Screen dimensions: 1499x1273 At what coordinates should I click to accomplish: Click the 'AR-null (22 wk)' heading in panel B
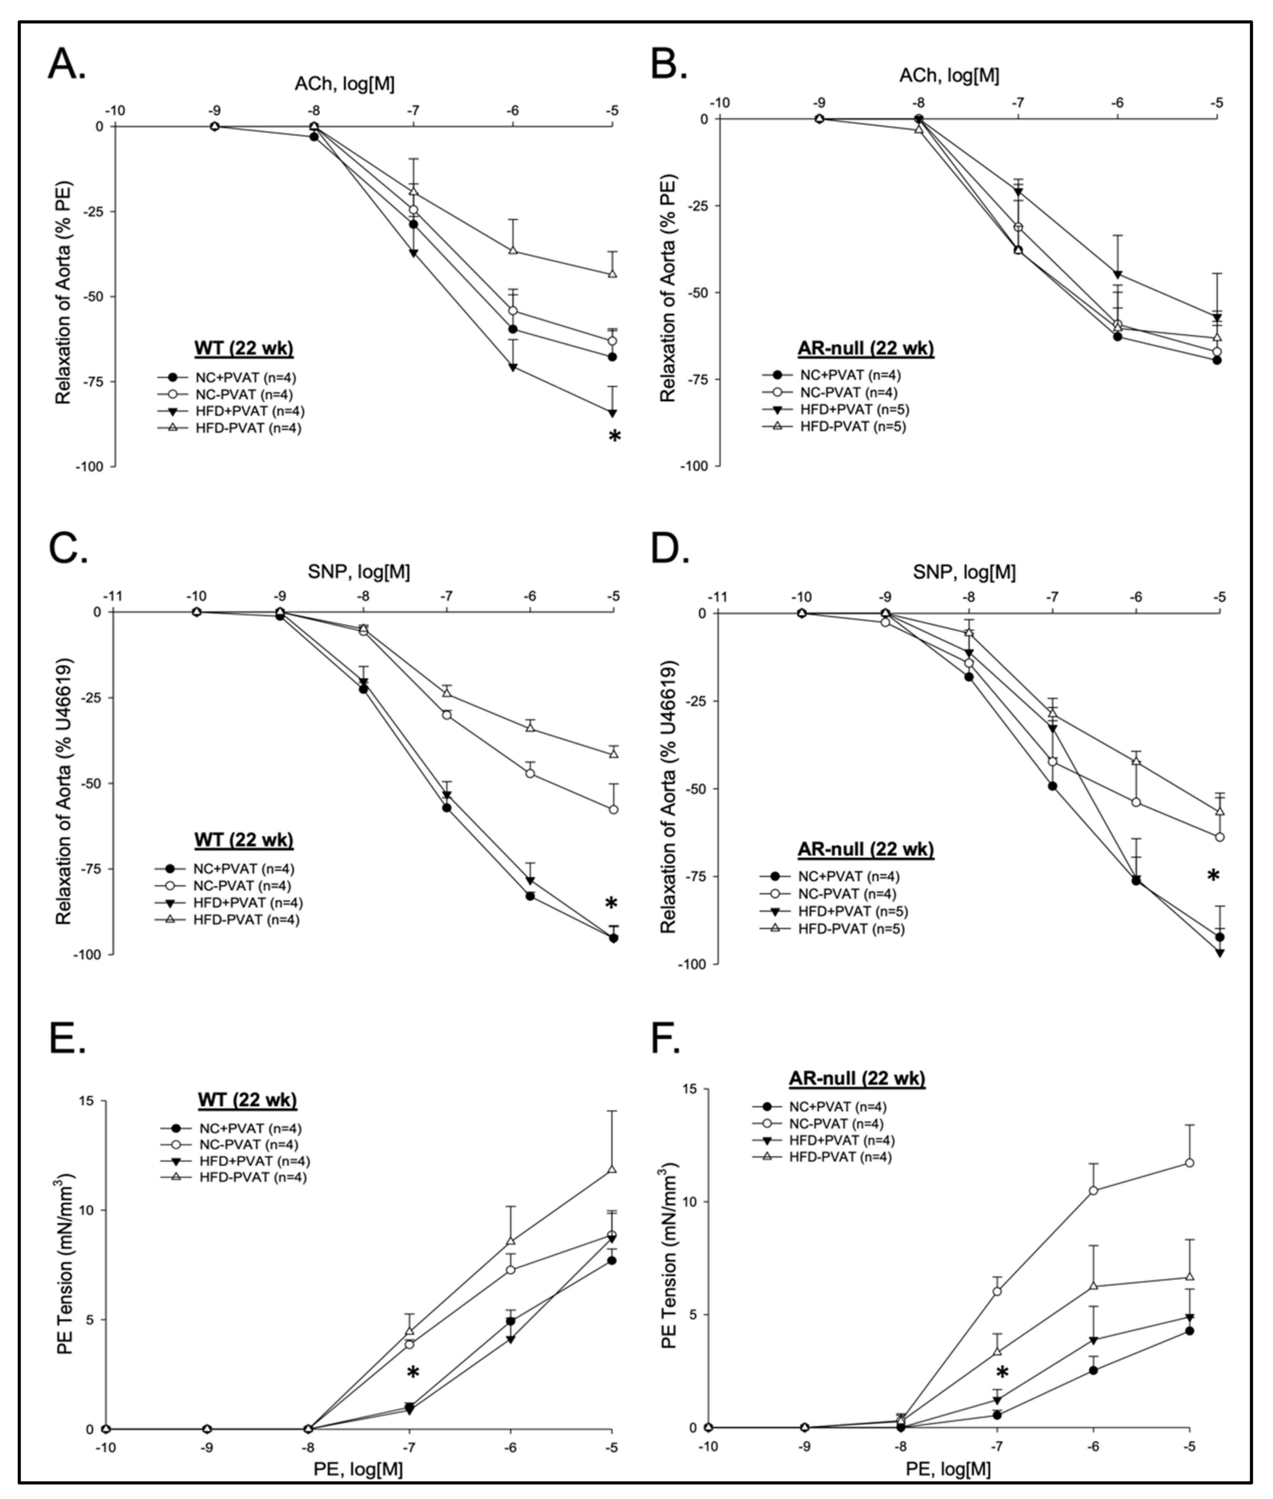[x=865, y=349]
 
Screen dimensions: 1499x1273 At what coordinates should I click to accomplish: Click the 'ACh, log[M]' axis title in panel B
[x=949, y=75]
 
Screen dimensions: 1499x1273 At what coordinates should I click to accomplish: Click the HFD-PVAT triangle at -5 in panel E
[x=612, y=1169]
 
